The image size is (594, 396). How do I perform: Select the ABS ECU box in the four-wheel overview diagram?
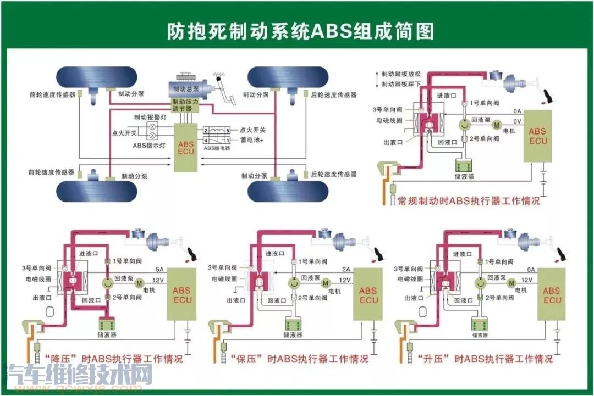pyautogui.click(x=185, y=147)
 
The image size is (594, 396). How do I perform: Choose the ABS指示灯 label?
pyautogui.click(x=148, y=145)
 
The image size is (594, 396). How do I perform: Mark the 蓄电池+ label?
pyautogui.click(x=251, y=140)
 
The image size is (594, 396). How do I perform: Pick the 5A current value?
pyautogui.click(x=160, y=269)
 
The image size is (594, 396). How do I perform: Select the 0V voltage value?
pyautogui.click(x=516, y=121)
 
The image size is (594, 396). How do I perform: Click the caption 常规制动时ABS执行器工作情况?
pyautogui.click(x=469, y=201)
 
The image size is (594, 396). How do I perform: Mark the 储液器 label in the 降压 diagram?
pyautogui.click(x=108, y=334)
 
